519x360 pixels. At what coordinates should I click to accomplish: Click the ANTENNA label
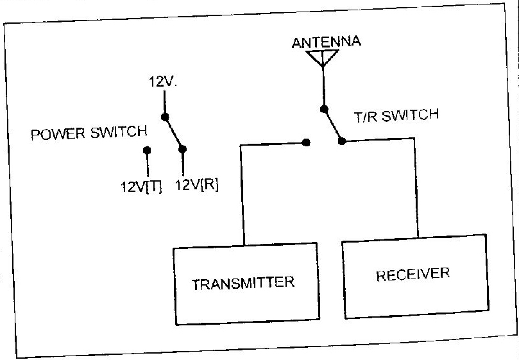pyautogui.click(x=327, y=43)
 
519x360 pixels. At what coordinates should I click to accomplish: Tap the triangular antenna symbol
pyautogui.click(x=322, y=58)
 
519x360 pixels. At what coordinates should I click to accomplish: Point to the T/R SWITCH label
pyautogui.click(x=396, y=117)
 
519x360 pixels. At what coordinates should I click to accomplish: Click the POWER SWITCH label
pyautogui.click(x=90, y=133)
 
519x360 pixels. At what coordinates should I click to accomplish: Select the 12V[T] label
pyautogui.click(x=141, y=187)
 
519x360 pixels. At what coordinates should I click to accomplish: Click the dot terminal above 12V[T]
pyautogui.click(x=147, y=151)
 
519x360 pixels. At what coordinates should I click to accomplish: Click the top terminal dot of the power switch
pyautogui.click(x=165, y=117)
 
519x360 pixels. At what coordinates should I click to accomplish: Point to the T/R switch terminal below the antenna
pyautogui.click(x=325, y=109)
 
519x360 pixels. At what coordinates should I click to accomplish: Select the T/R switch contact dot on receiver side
pyautogui.click(x=341, y=141)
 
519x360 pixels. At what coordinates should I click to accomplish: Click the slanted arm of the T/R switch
pyautogui.click(x=333, y=125)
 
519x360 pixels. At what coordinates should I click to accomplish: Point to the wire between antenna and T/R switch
pyautogui.click(x=323, y=87)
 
